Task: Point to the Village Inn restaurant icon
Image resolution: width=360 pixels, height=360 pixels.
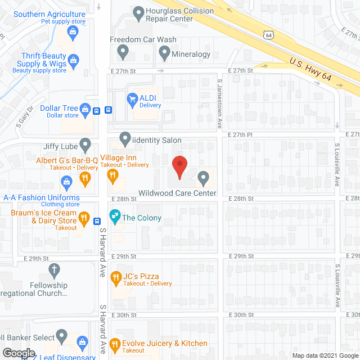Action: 112,177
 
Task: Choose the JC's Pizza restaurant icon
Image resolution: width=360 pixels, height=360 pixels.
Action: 116,277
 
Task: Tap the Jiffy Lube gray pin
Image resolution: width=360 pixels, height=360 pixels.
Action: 85,146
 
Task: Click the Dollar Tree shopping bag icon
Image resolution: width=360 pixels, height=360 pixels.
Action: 85,109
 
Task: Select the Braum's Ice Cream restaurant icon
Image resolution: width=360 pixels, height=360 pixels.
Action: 84,218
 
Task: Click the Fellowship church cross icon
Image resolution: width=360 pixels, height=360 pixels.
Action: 55,271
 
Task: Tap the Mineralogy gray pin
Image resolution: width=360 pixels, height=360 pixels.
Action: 164,54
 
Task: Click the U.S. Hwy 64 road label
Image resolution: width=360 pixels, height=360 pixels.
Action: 310,69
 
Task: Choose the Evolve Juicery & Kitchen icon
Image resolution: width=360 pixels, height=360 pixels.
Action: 115,344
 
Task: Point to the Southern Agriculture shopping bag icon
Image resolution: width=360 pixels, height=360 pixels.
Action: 74,33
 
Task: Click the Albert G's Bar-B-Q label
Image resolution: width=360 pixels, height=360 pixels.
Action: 67,160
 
